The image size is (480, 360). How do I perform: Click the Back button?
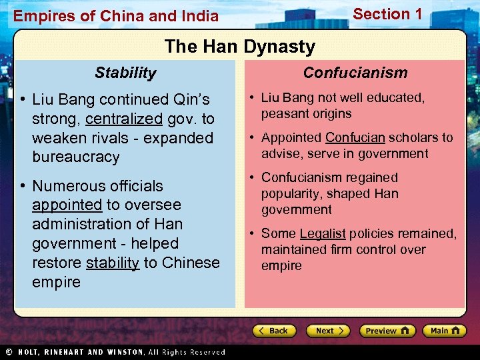(x=274, y=331)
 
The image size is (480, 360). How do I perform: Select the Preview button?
(x=387, y=331)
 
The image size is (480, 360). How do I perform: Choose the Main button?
(x=444, y=331)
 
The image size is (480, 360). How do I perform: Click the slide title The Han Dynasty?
(x=239, y=47)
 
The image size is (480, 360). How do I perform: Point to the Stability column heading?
(x=125, y=73)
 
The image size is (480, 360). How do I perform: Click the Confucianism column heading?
(x=355, y=73)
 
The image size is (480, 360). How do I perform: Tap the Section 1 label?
(x=387, y=14)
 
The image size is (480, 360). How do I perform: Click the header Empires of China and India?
(x=116, y=15)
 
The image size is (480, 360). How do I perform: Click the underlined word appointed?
(x=67, y=205)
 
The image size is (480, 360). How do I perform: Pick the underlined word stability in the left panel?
(x=113, y=263)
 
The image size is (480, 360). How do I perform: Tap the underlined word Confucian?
(x=355, y=138)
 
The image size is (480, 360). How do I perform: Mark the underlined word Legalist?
(x=323, y=234)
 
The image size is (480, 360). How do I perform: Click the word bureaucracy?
(x=76, y=158)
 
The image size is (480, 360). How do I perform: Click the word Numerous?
(x=64, y=186)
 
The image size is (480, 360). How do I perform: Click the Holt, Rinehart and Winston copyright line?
(x=114, y=352)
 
